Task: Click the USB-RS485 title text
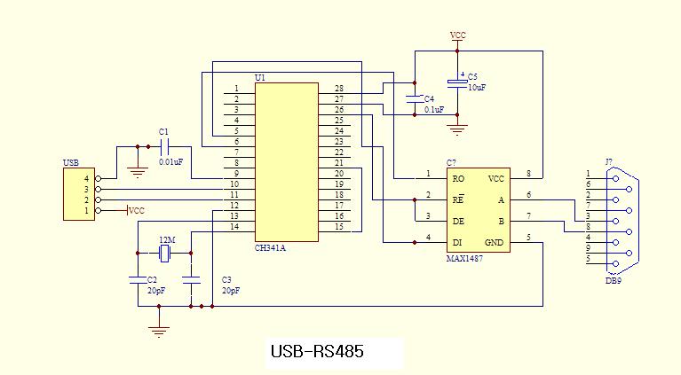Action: (315, 352)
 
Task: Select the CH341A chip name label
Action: (271, 248)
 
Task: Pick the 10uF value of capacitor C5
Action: (477, 88)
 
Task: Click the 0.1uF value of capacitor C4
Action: (434, 110)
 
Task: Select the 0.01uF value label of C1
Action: (170, 161)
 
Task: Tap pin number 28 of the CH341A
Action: (339, 89)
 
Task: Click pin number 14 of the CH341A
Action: (235, 227)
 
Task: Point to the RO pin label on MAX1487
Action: (459, 177)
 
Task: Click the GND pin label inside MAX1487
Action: (495, 241)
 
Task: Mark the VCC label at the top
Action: (457, 35)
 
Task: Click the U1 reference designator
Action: (259, 78)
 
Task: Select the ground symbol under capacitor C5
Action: (457, 130)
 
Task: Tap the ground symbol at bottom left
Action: (159, 332)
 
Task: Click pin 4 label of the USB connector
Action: (86, 178)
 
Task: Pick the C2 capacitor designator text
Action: (152, 280)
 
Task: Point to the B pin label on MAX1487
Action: (500, 220)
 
